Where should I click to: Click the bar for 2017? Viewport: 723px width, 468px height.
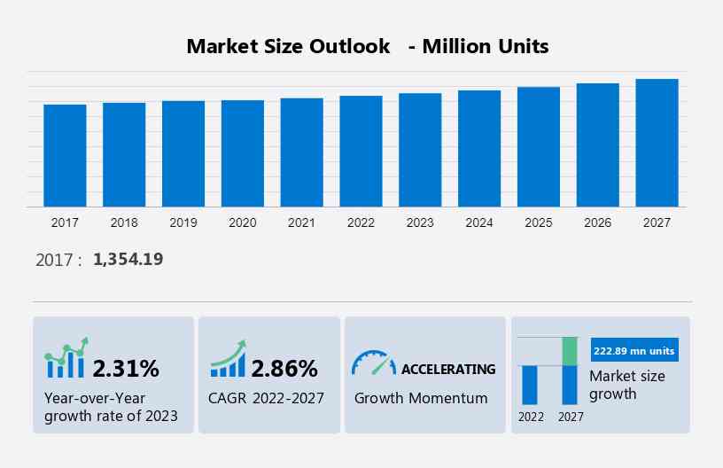pos(65,156)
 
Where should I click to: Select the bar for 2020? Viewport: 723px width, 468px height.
pos(243,153)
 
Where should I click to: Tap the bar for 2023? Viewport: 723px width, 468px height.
pos(420,150)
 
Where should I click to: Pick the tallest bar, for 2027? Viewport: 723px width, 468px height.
pos(657,143)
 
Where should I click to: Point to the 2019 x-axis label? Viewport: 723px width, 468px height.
pos(183,222)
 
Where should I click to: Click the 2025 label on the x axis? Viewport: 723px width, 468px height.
pos(539,222)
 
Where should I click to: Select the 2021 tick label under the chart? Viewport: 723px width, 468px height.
pos(301,222)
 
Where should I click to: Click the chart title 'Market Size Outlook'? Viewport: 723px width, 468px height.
pos(288,46)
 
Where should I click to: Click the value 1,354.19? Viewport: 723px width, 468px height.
pos(128,259)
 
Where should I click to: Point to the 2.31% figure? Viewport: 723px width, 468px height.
pos(126,368)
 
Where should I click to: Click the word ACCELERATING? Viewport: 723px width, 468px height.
pos(448,369)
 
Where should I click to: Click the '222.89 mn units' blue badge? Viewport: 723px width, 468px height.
pos(634,351)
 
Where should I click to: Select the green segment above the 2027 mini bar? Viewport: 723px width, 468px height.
pos(570,351)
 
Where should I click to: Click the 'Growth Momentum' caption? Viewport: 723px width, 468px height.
pos(421,398)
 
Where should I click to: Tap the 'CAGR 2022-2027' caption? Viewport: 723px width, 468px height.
pos(267,398)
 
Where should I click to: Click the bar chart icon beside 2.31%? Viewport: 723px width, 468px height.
pos(66,358)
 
